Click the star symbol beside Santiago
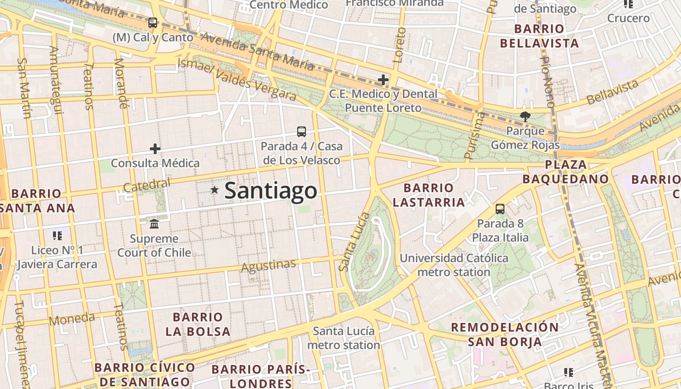(214, 190)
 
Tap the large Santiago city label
(270, 191)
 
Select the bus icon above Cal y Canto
(153, 23)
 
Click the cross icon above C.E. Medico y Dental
(383, 79)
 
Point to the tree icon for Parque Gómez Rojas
(525, 117)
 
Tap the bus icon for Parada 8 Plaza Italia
(500, 209)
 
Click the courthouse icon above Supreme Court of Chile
(155, 224)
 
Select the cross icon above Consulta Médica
(155, 149)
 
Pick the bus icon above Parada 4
(302, 131)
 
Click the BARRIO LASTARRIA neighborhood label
(429, 195)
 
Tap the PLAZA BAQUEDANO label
(566, 172)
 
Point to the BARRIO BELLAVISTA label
(539, 36)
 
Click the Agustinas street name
(269, 266)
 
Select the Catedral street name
(147, 185)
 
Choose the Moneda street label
(72, 319)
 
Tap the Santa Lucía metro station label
(344, 338)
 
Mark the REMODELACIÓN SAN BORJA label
(505, 334)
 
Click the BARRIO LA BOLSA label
(197, 324)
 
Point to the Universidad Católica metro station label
(454, 265)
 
